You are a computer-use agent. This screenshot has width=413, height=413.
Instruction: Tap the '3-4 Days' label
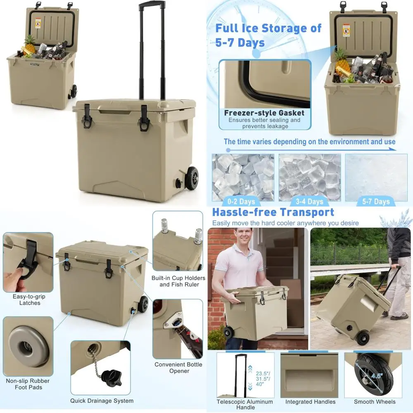309,202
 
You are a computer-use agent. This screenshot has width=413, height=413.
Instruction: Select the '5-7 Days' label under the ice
375,202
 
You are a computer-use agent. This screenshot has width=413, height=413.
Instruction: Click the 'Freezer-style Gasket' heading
264,113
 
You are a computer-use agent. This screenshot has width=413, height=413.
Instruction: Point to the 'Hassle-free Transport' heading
273,212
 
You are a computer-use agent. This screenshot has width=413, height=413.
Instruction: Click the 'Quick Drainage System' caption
102,401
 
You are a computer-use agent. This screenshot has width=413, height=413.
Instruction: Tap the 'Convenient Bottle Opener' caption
178,368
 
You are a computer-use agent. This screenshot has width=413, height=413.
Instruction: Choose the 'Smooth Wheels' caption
375,402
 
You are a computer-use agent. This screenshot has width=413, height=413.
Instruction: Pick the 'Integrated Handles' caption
311,402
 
